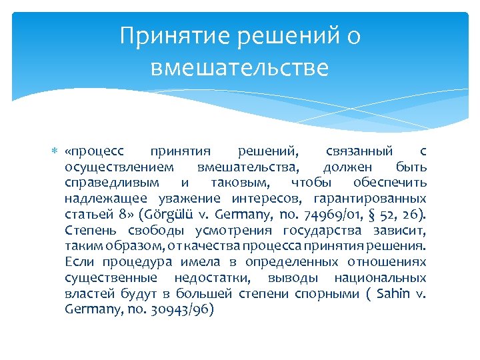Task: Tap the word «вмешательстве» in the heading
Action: pos(240,67)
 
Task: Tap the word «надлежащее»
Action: pos(107,199)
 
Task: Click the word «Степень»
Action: pos(90,231)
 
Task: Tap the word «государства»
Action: pos(330,231)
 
